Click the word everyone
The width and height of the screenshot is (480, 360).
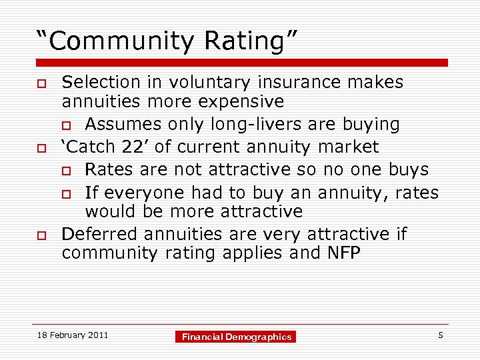[139, 193]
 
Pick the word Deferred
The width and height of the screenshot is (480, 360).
[100, 234]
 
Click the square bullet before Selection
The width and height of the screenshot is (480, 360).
[41, 83]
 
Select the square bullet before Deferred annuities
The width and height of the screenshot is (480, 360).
[41, 235]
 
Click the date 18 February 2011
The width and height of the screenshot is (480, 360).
[73, 335]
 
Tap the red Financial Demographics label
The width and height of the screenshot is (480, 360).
[237, 337]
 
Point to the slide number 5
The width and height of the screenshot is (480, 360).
[441, 335]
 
